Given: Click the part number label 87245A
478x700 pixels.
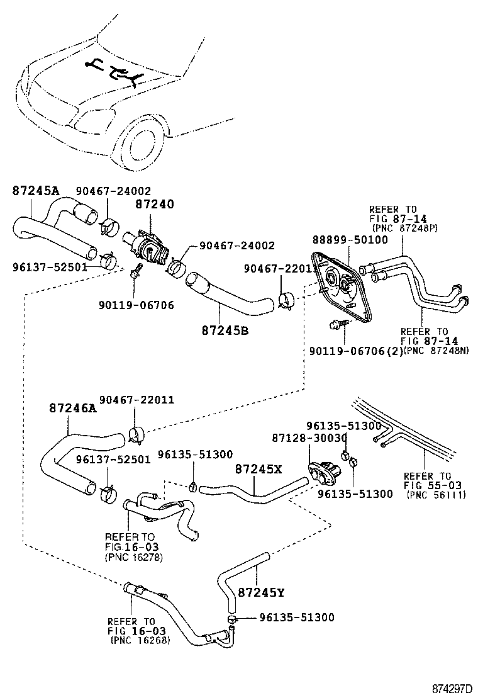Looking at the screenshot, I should coord(35,191).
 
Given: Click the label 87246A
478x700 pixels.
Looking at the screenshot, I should coord(72,408).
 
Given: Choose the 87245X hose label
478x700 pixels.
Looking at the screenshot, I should coord(258,468).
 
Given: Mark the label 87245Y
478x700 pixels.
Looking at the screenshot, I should coord(261,592).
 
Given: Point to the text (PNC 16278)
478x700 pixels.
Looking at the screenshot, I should coord(133,556).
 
